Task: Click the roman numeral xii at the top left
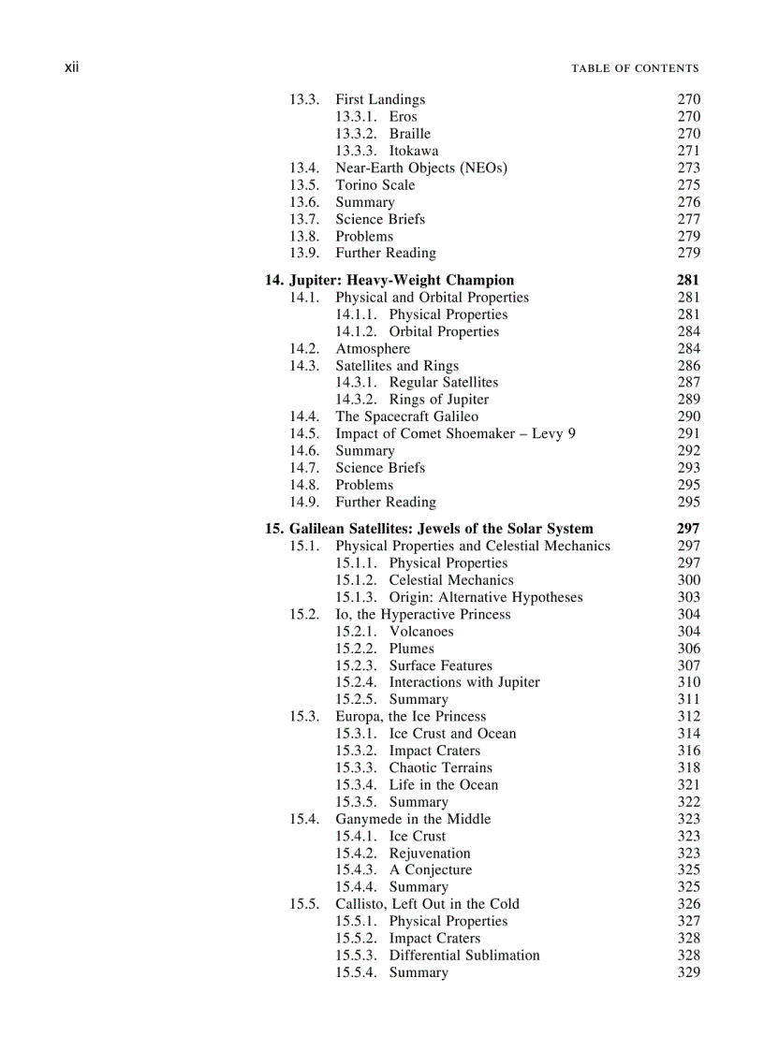(71, 67)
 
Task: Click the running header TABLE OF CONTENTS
(636, 68)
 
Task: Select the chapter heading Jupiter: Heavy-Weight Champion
(389, 280)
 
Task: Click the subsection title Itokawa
(414, 151)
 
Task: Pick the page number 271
(688, 151)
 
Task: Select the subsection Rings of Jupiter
(439, 400)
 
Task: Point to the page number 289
(688, 400)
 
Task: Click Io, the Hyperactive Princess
(423, 615)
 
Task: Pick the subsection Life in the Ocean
(444, 785)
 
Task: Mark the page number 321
(688, 785)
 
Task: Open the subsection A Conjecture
(431, 870)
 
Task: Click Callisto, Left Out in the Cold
(427, 904)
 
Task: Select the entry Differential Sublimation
(464, 956)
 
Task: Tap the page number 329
(688, 972)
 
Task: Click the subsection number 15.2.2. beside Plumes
(357, 649)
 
